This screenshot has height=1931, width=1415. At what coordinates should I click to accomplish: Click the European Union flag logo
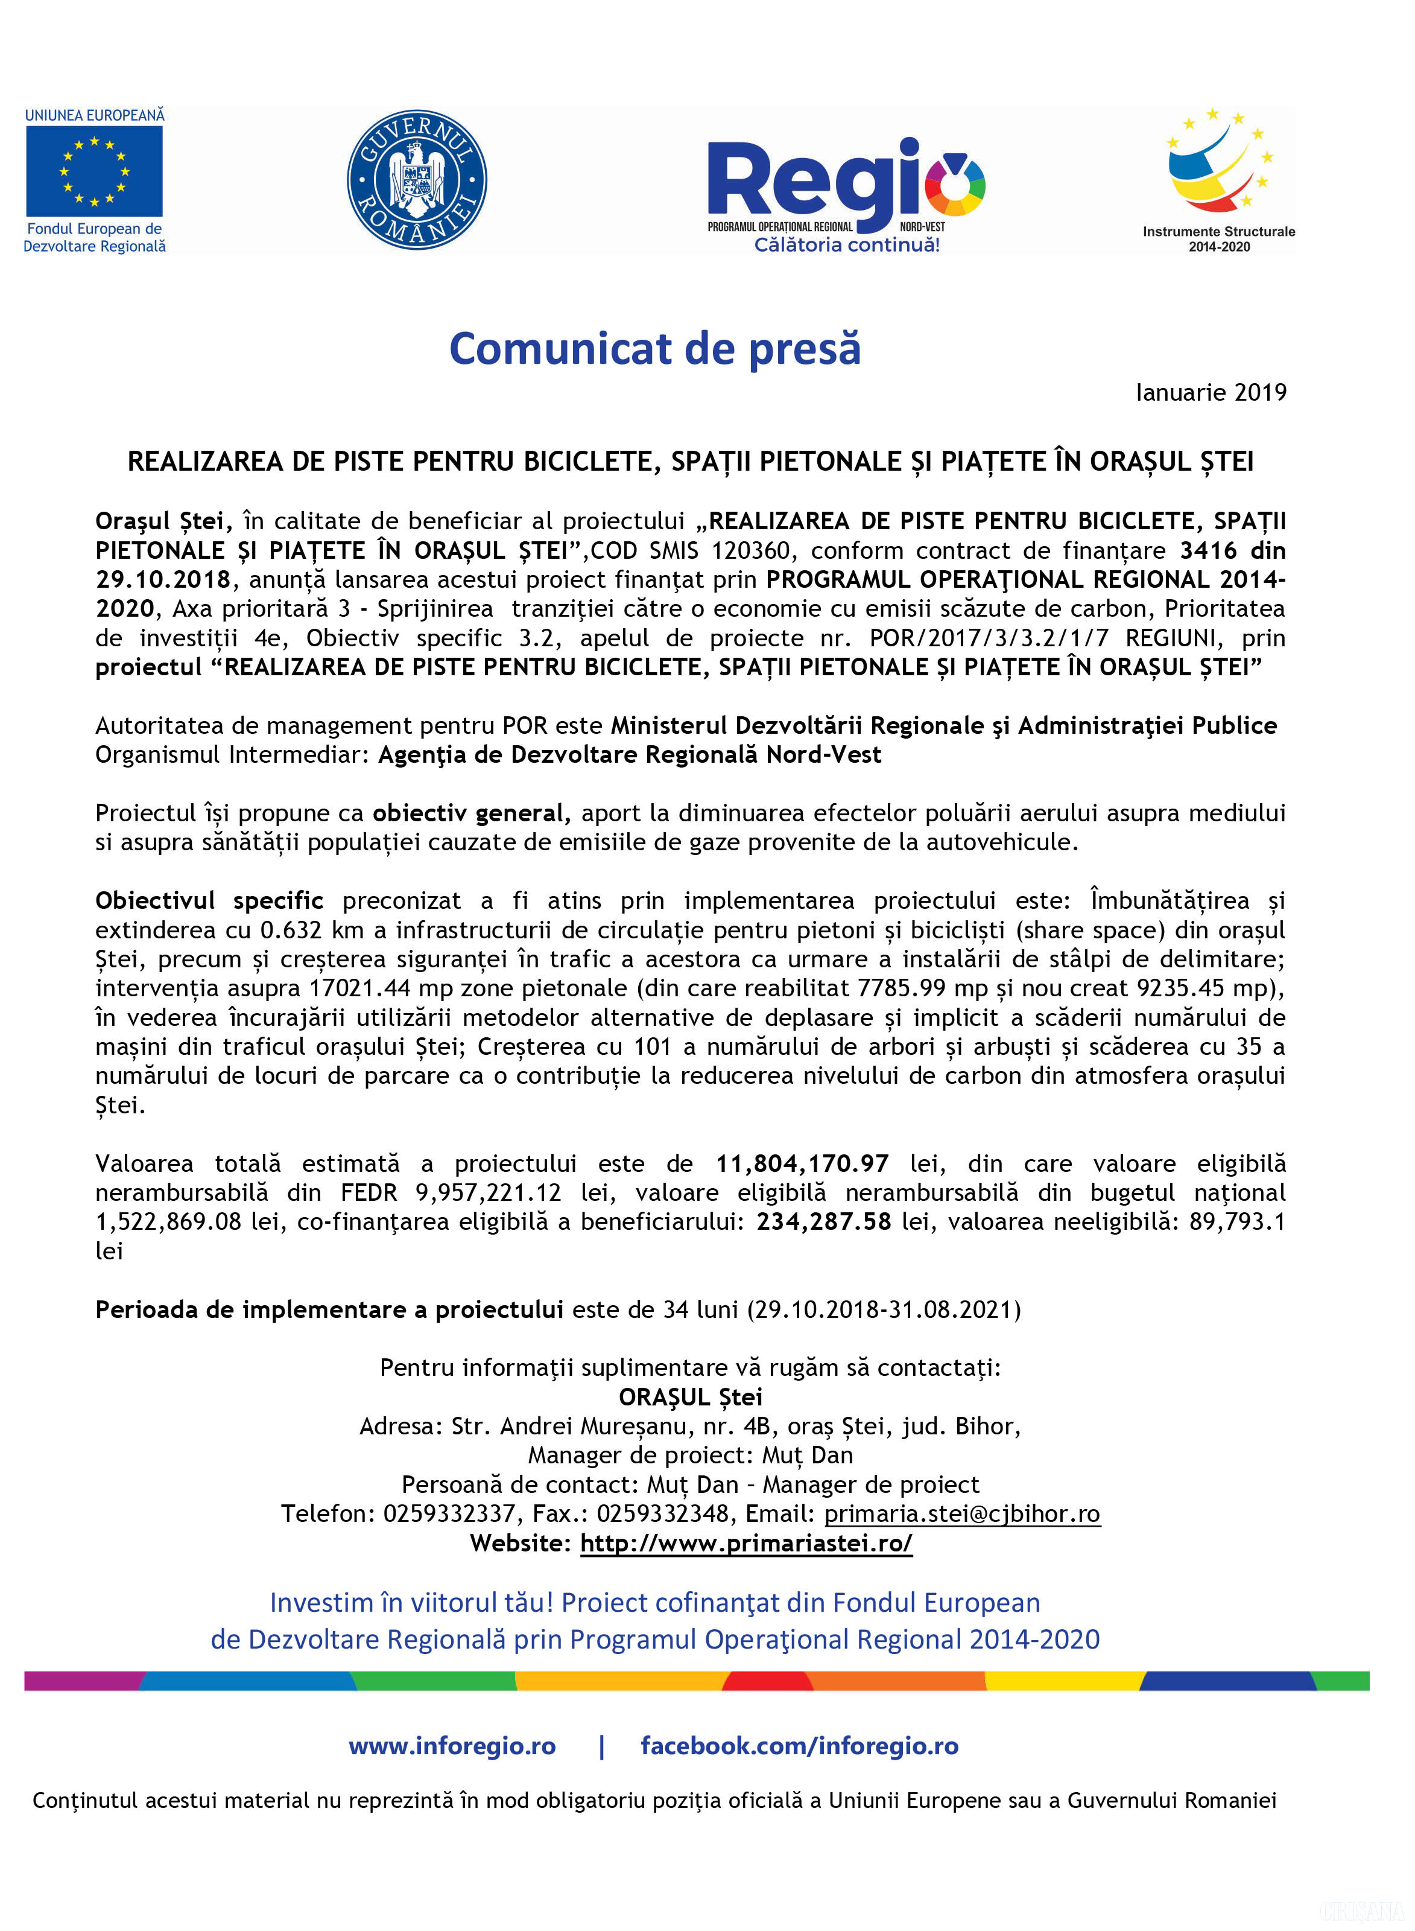coord(94,171)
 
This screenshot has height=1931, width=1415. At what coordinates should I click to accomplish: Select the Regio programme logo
coord(846,184)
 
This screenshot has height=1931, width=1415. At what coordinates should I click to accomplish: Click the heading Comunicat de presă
coord(654,349)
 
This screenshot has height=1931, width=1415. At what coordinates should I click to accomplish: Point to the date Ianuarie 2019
coord(1211,392)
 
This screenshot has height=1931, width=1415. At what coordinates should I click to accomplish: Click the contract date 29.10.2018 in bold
coord(163,579)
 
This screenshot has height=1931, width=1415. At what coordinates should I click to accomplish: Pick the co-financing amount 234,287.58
coord(823,1221)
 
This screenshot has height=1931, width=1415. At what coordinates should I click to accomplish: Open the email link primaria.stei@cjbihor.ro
coord(962,1514)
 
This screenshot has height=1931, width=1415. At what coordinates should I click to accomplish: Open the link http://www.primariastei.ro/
coord(746,1543)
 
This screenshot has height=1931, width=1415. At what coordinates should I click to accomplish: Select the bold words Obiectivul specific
coord(209,900)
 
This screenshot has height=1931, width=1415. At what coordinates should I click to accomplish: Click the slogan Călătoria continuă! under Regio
coord(846,245)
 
